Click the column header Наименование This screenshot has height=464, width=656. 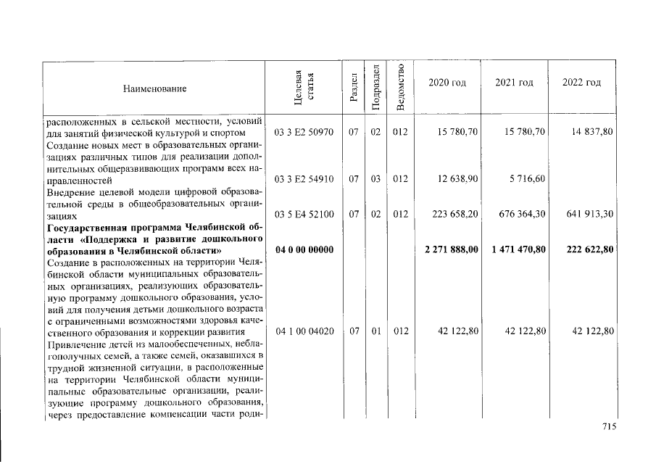click(154, 88)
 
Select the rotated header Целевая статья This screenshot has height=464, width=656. click(304, 88)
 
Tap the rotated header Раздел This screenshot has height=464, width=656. click(353, 88)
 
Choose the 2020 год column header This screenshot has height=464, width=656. click(447, 83)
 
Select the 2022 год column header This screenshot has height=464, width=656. click(581, 83)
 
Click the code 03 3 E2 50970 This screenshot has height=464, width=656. click(304, 133)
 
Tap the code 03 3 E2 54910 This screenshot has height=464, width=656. click(304, 178)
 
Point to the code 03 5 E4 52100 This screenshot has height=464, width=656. click(304, 215)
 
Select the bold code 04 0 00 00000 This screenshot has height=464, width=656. click(304, 250)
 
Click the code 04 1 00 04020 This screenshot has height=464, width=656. click(304, 331)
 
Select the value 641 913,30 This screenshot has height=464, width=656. click(588, 215)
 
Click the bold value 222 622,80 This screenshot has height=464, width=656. click(588, 250)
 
